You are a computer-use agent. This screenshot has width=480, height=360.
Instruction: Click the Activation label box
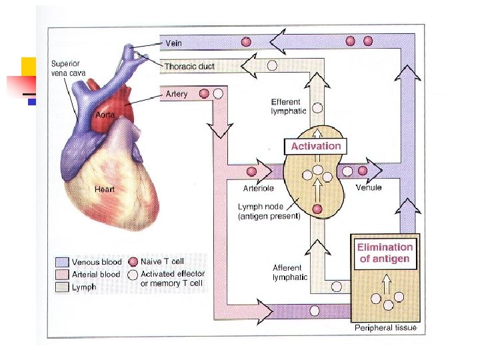(x=316, y=146)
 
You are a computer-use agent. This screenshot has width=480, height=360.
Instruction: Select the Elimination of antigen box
(x=385, y=253)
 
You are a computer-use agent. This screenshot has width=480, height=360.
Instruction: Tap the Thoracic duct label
(x=189, y=67)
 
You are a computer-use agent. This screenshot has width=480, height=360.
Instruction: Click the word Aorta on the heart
(x=105, y=115)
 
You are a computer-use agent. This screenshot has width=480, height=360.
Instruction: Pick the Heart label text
(x=105, y=189)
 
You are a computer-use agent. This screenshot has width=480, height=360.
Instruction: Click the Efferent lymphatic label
(x=289, y=106)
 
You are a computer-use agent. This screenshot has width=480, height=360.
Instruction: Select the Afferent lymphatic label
(x=290, y=272)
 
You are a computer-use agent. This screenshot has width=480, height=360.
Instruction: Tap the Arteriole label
(x=259, y=189)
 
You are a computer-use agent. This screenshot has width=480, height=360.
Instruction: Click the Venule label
(x=369, y=188)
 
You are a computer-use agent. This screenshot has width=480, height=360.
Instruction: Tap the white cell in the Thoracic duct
(x=272, y=66)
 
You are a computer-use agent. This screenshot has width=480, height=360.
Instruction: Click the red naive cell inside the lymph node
(x=317, y=209)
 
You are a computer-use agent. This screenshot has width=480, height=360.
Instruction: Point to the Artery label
(x=177, y=95)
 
